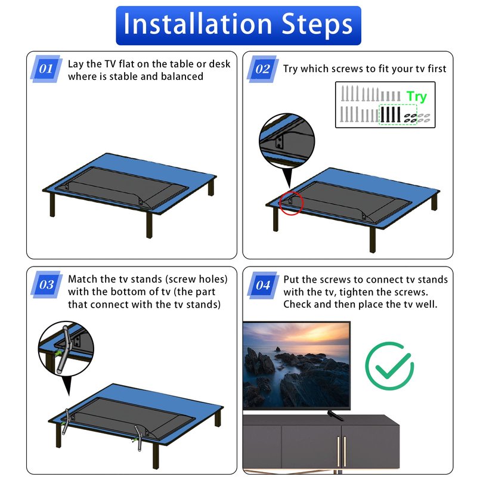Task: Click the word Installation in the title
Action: pyautogui.click(x=197, y=24)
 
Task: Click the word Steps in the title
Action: pyautogui.click(x=317, y=25)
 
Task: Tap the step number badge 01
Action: pyautogui.click(x=47, y=69)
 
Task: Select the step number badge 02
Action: pyautogui.click(x=262, y=69)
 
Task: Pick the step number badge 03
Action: pyautogui.click(x=47, y=284)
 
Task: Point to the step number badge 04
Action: pyautogui.click(x=263, y=285)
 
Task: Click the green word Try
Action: pyautogui.click(x=417, y=97)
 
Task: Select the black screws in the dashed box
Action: pyautogui.click(x=391, y=114)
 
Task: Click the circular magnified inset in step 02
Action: pyautogui.click(x=287, y=140)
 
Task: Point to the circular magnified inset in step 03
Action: pyautogui.click(x=66, y=349)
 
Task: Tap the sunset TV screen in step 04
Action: pyautogui.click(x=296, y=366)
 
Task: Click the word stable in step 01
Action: pyautogui.click(x=124, y=76)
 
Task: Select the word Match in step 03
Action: pyautogui.click(x=83, y=279)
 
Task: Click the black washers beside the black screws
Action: pyautogui.click(x=410, y=118)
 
